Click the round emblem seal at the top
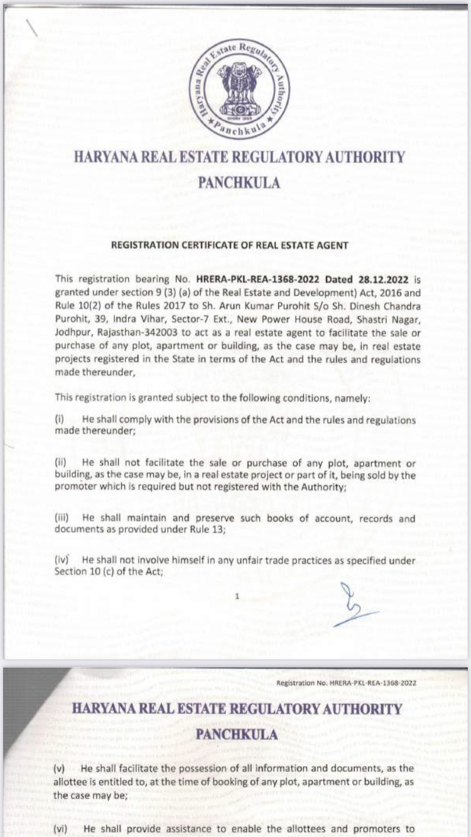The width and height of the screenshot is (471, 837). tap(239, 88)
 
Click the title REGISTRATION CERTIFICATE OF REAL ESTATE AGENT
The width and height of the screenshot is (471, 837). tap(229, 245)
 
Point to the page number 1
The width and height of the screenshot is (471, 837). tap(237, 596)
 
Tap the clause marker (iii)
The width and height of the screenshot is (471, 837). tap(63, 519)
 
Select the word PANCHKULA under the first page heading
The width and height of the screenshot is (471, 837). tap(239, 183)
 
